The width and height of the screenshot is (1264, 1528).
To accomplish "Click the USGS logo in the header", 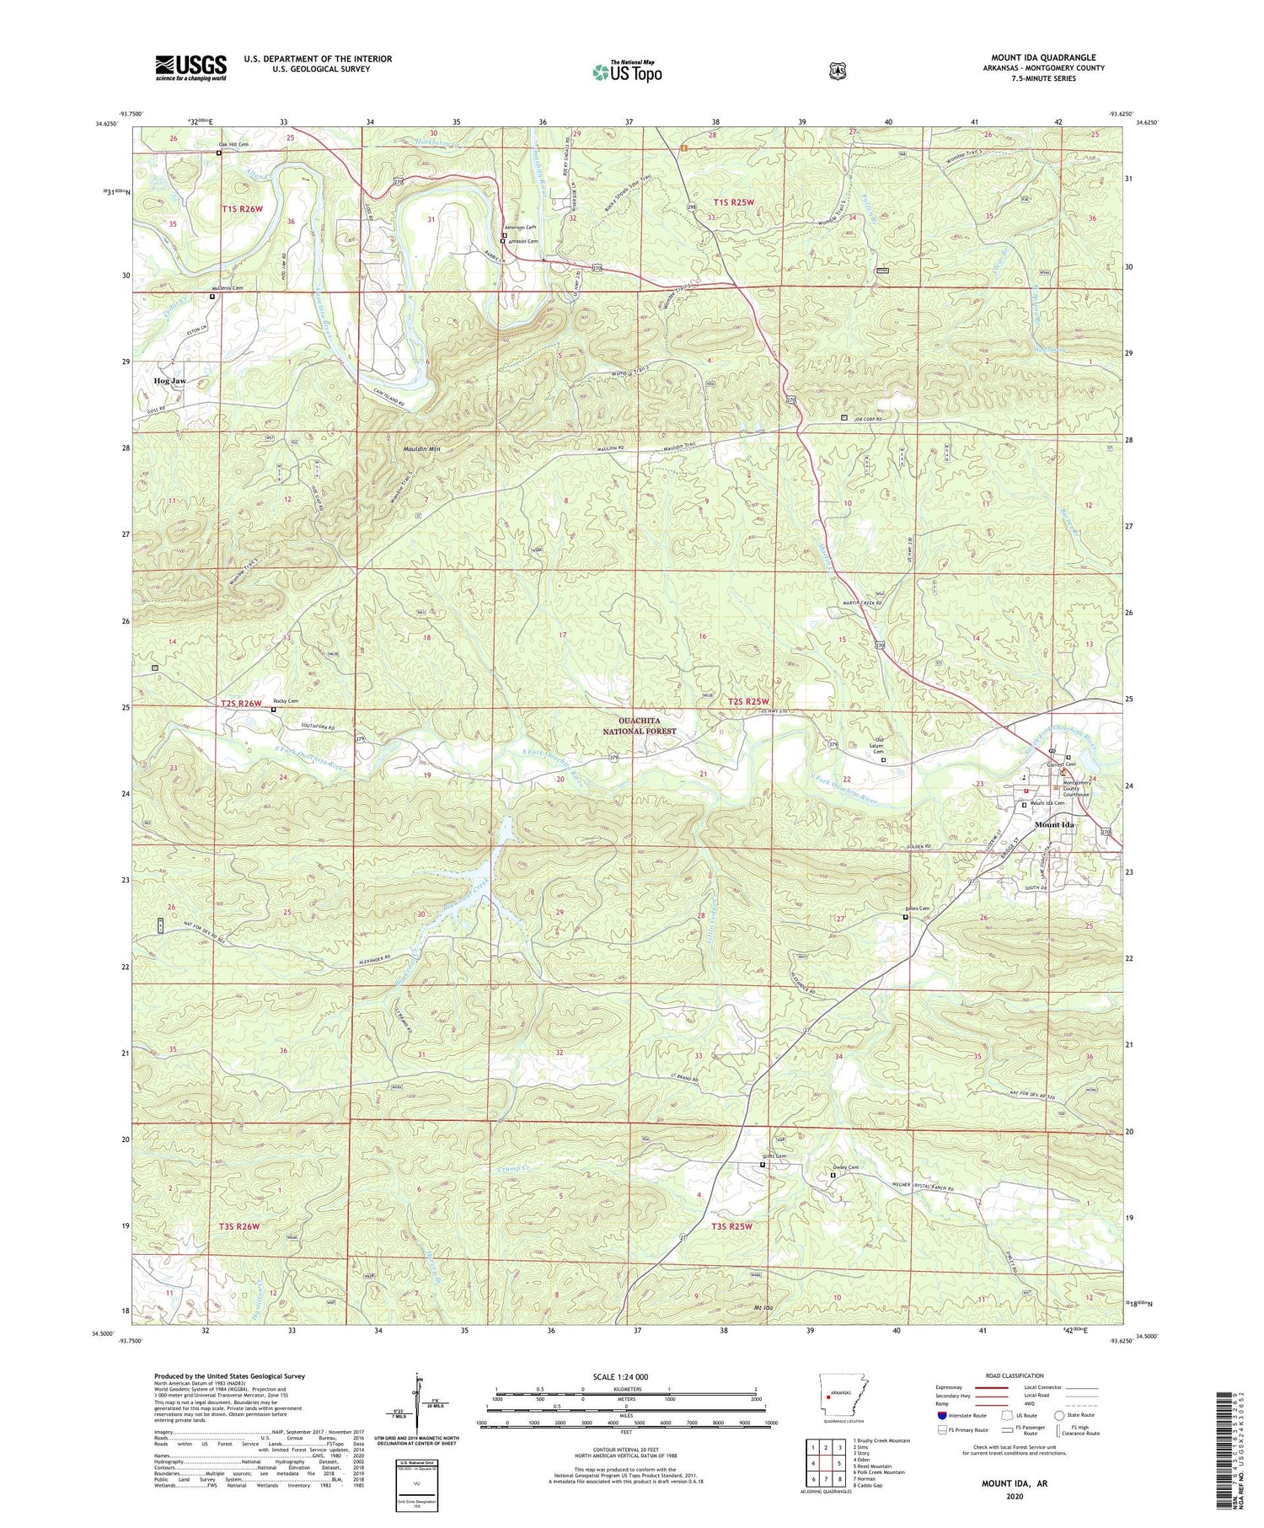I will pos(190,67).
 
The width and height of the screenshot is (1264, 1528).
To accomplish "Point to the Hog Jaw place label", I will pos(169,381).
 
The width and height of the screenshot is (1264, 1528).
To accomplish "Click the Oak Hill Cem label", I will pos(233,145).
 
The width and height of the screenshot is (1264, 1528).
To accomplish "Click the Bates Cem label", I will pos(917,909).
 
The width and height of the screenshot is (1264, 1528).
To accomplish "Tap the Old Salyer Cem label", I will pos(882,745).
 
